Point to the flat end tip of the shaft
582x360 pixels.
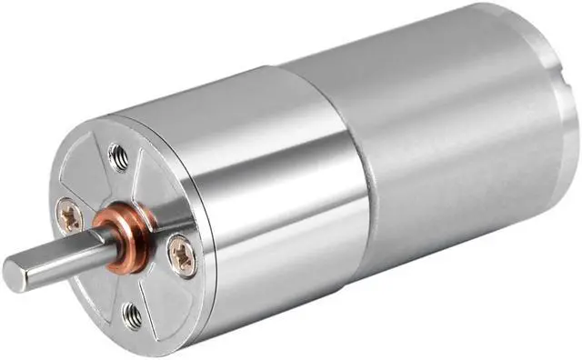(x=14, y=269)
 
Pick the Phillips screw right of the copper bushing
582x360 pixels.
(x=182, y=254)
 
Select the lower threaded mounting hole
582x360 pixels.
(x=132, y=315)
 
